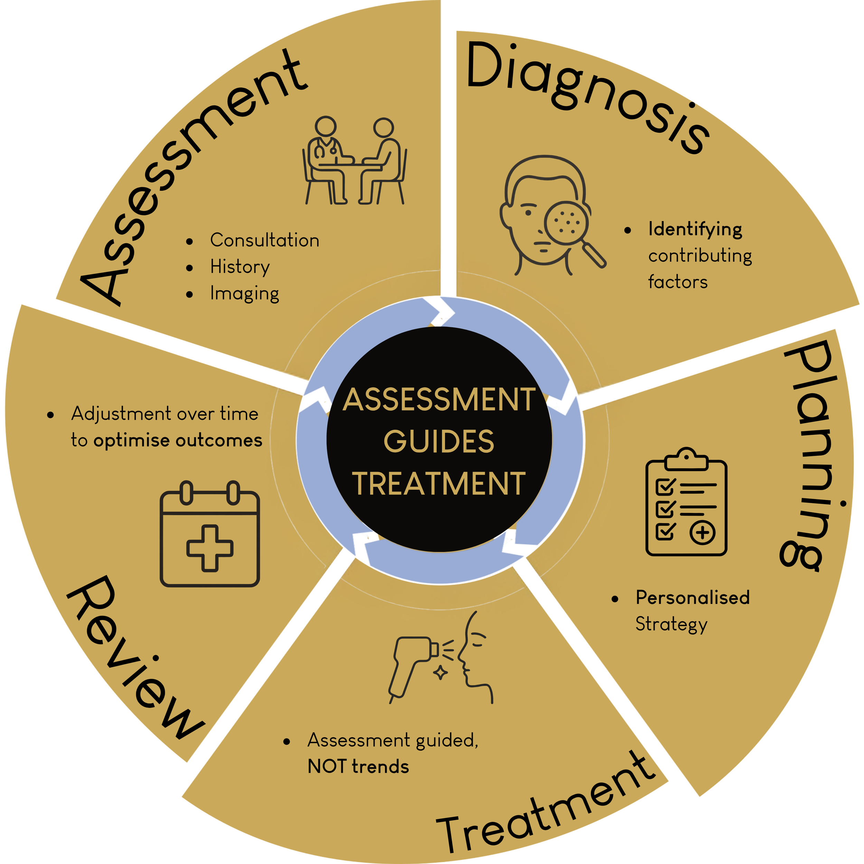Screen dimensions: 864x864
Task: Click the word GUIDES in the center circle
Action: pyautogui.click(x=439, y=442)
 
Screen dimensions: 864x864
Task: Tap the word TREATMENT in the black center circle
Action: pyautogui.click(x=439, y=484)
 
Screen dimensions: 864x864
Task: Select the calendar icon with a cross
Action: pyautogui.click(x=210, y=534)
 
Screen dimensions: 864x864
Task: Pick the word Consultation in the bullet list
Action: pyautogui.click(x=265, y=241)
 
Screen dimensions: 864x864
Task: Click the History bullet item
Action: pyautogui.click(x=240, y=267)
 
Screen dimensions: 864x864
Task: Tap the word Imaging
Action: pyautogui.click(x=245, y=294)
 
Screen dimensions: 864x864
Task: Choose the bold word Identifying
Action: pyautogui.click(x=695, y=229)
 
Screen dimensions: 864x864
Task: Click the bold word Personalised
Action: pyautogui.click(x=693, y=598)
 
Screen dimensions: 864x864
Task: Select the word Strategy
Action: pyautogui.click(x=671, y=624)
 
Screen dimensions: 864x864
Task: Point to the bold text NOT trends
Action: pyautogui.click(x=358, y=767)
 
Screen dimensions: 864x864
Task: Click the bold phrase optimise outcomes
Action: pyautogui.click(x=178, y=441)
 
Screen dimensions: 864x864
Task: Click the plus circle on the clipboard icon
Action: pyautogui.click(x=703, y=532)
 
